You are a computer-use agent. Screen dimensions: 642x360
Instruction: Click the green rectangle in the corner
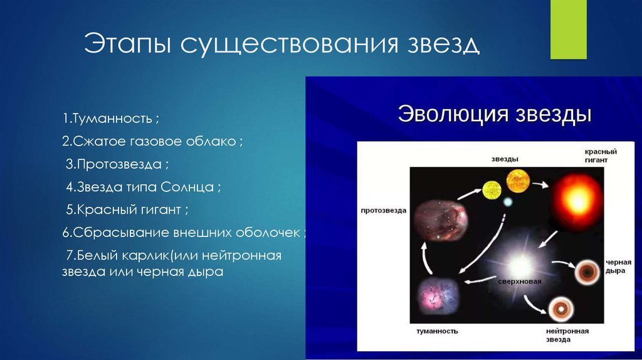click(568, 29)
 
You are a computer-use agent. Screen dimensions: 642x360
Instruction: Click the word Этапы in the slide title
click(127, 43)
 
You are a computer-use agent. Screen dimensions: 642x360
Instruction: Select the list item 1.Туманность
click(110, 119)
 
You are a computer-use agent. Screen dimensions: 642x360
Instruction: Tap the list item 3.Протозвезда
click(117, 164)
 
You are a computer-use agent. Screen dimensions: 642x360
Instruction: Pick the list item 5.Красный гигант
click(127, 209)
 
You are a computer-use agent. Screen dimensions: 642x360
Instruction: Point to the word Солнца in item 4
click(187, 187)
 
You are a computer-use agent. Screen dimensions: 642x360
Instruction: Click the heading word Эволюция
click(453, 114)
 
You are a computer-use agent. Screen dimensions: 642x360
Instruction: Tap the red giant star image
click(577, 201)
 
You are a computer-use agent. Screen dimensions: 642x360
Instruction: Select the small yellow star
click(492, 190)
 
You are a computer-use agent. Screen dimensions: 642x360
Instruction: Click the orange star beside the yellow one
click(518, 181)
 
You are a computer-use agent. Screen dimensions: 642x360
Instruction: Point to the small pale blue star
click(508, 202)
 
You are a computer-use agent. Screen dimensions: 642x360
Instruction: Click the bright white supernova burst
click(520, 266)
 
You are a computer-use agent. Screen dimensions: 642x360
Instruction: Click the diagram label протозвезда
click(384, 211)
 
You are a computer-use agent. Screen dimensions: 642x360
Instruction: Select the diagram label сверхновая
click(520, 282)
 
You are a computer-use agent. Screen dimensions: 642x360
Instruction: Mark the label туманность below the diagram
click(437, 331)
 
